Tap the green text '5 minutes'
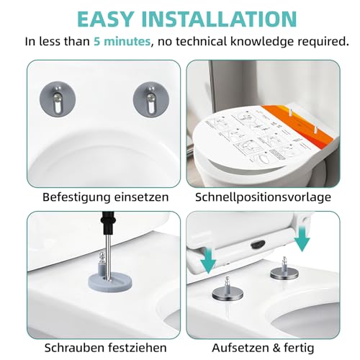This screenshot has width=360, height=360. [x=122, y=42]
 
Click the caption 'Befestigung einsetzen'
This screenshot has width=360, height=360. [x=95, y=196]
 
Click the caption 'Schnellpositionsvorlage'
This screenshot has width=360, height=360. [x=264, y=196]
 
